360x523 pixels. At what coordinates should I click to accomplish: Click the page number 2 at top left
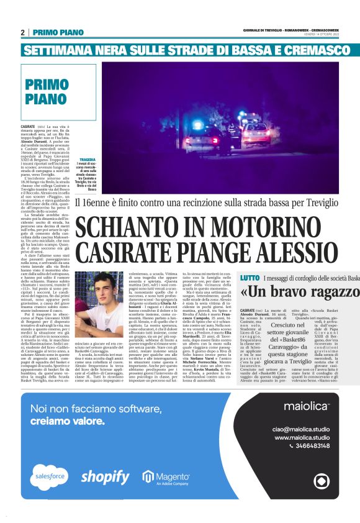pos(22,32)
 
